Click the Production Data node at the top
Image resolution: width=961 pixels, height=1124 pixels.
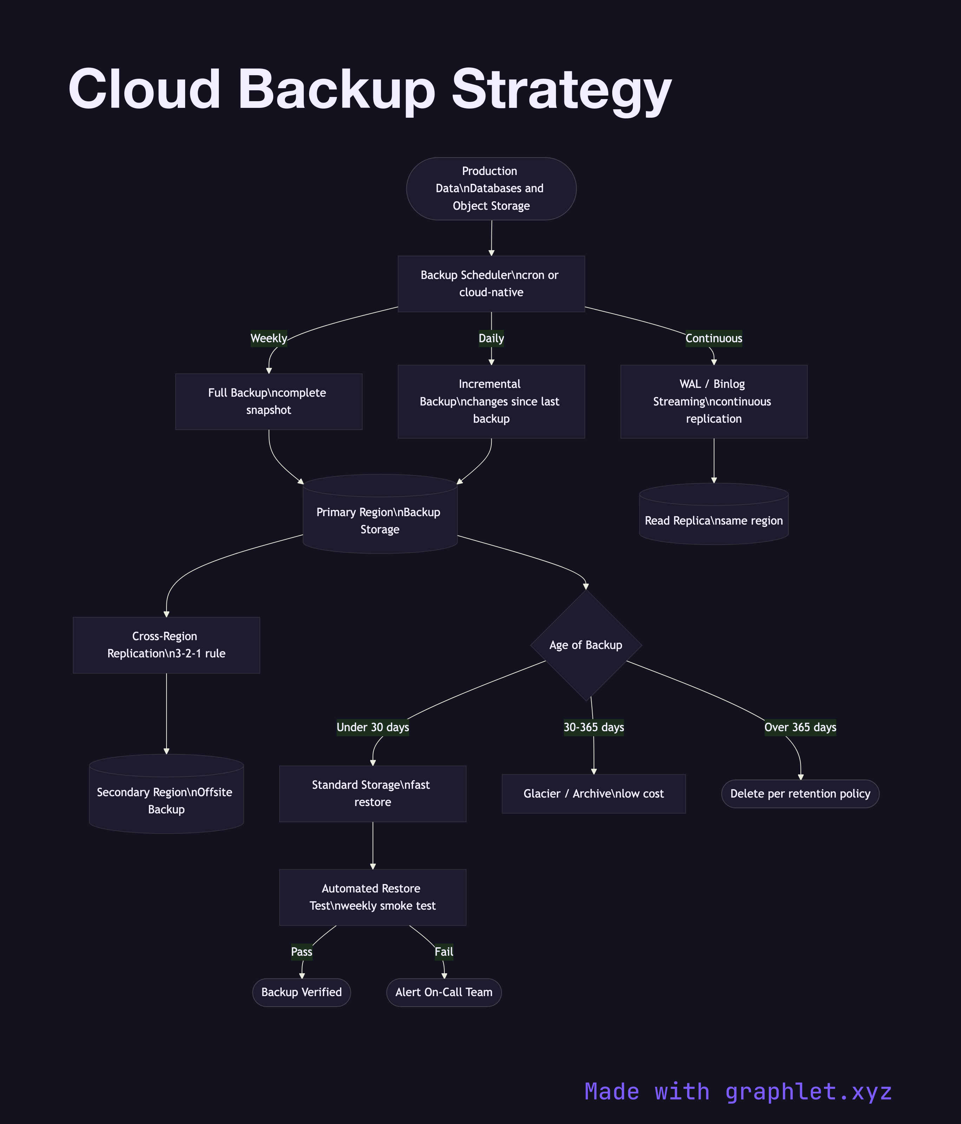[491, 188]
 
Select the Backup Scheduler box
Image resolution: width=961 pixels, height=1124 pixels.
[491, 283]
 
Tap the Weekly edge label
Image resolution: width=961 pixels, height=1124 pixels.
[268, 338]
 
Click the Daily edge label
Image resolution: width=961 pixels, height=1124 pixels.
[491, 338]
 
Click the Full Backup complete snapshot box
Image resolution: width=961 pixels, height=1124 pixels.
[268, 401]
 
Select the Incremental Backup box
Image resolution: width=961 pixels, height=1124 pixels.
[491, 401]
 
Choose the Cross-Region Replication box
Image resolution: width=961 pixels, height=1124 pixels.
[166, 645]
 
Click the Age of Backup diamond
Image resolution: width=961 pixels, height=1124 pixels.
[586, 645]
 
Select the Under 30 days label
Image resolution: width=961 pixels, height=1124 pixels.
[373, 727]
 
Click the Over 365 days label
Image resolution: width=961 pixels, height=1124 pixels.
[800, 727]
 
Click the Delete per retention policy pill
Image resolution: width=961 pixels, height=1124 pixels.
[800, 794]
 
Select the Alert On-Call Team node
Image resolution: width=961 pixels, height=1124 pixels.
[444, 992]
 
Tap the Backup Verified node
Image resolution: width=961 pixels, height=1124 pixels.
[301, 992]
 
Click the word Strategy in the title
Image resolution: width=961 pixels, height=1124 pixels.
[561, 90]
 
